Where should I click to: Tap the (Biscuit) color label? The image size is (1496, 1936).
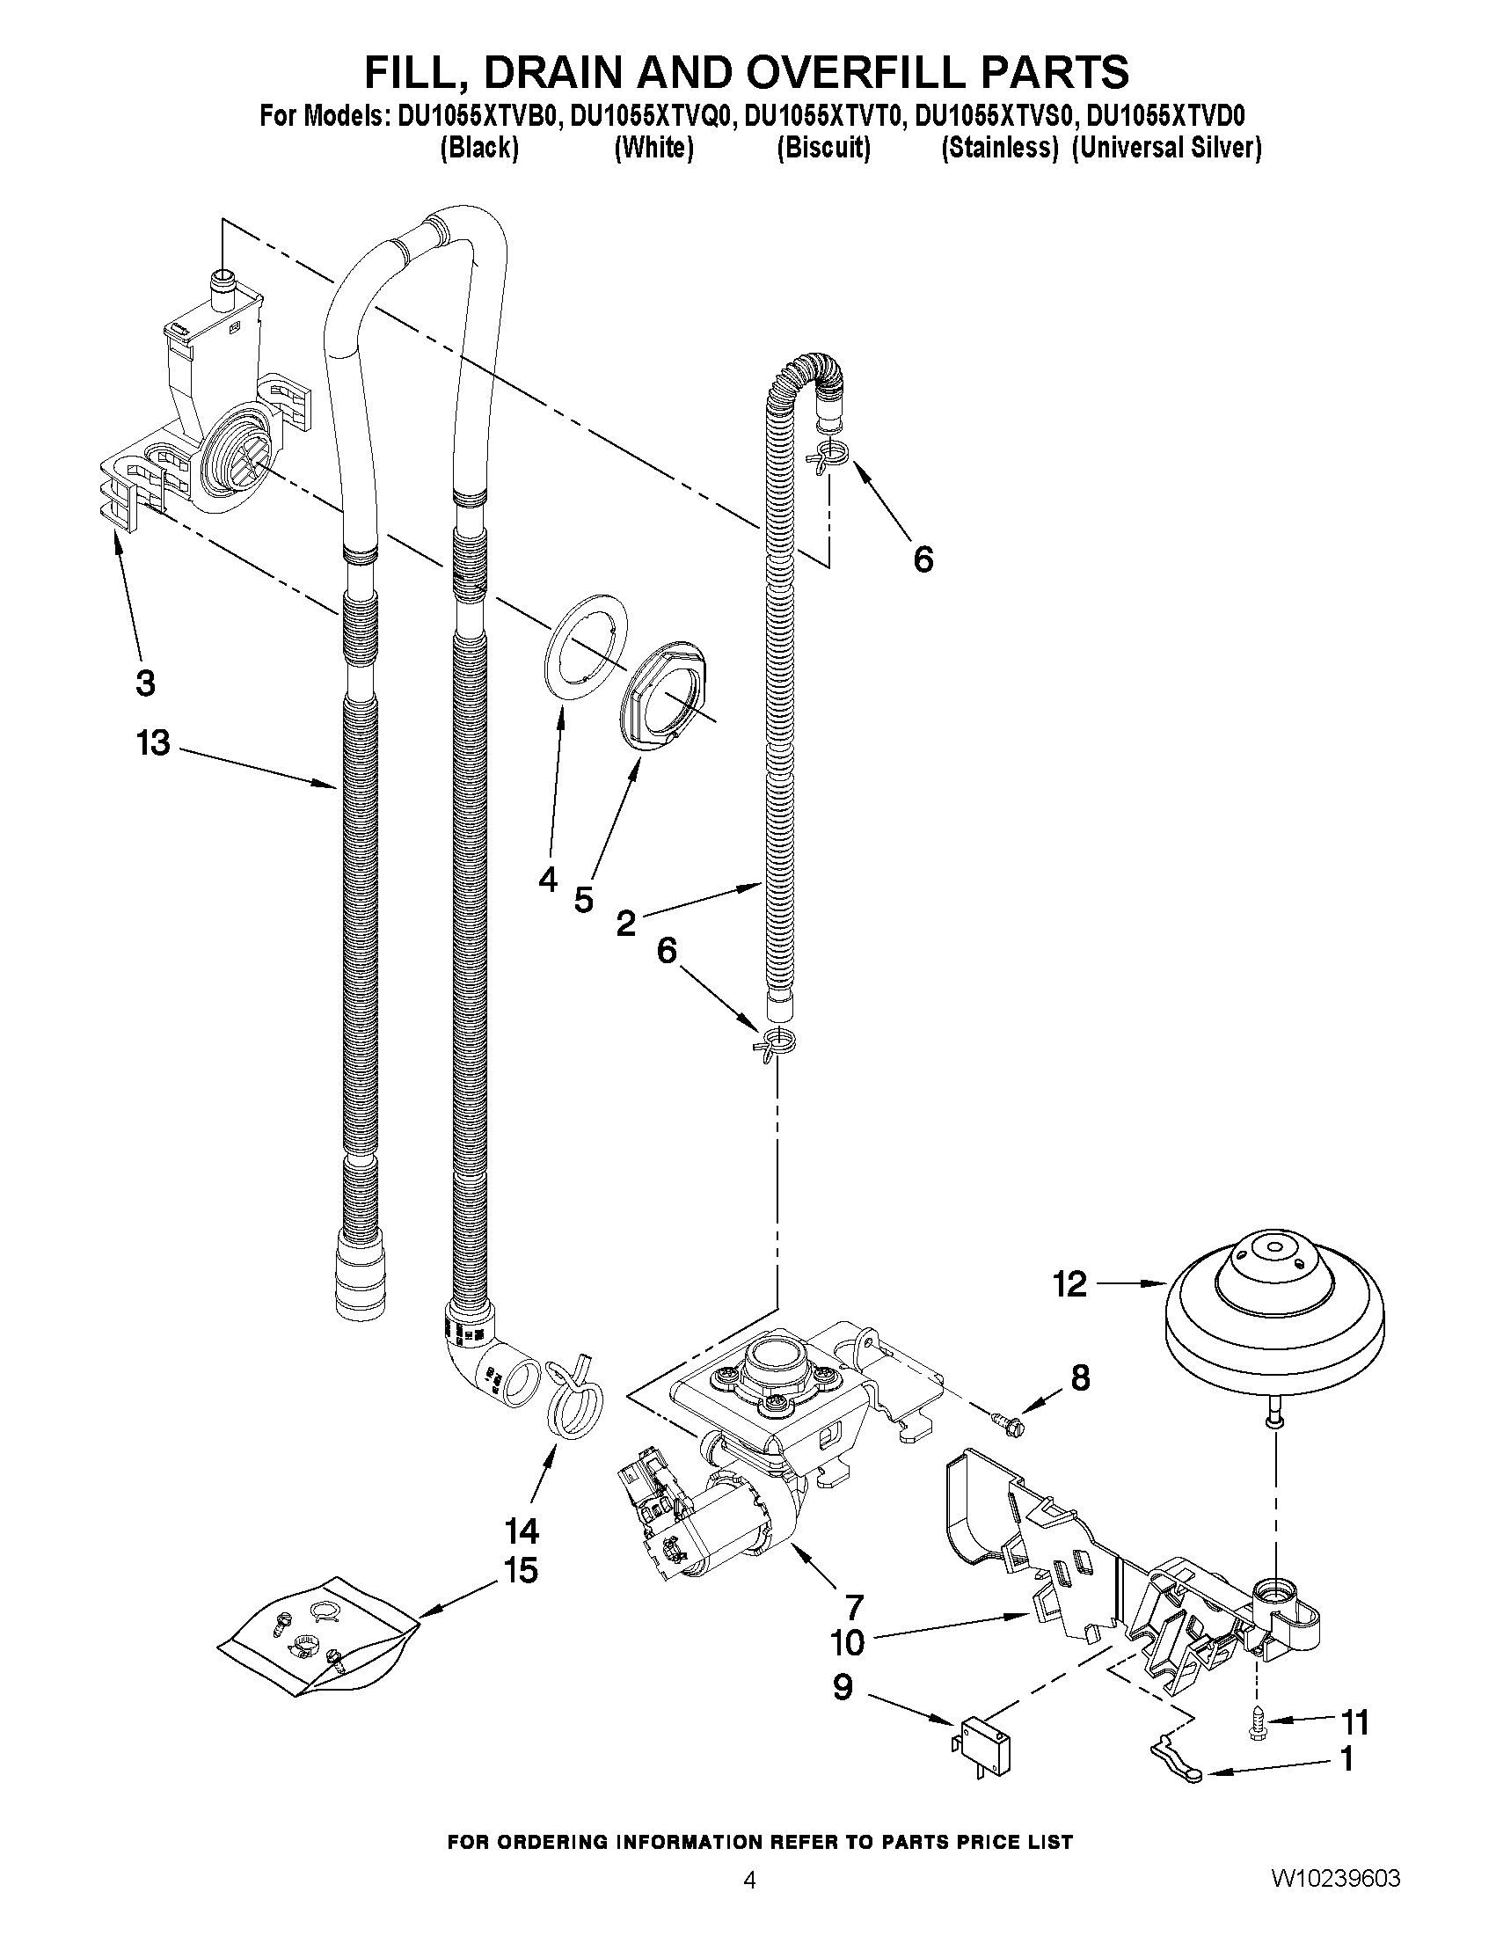(x=823, y=147)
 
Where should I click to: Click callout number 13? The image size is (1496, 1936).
(x=152, y=743)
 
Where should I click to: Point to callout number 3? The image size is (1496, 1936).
(x=145, y=683)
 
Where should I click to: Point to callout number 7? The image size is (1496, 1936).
(x=853, y=1605)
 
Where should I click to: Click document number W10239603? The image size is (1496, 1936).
(x=1336, y=1901)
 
